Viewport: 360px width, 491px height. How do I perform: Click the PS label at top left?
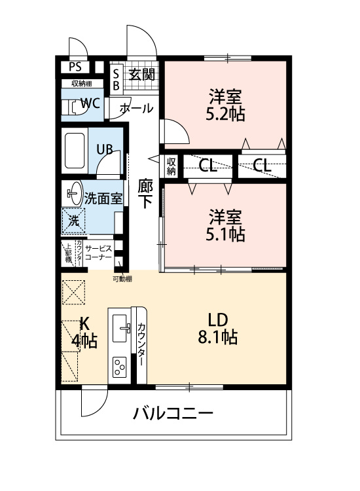(x=75, y=67)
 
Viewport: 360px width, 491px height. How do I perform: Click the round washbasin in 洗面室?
(x=74, y=193)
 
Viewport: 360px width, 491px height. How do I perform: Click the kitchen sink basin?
(x=122, y=325)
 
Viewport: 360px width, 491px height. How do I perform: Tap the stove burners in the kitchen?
(x=120, y=367)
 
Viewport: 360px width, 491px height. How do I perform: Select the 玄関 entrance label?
(x=141, y=73)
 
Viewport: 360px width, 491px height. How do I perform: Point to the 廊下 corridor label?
(x=145, y=194)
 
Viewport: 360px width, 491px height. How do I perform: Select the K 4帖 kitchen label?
(x=83, y=332)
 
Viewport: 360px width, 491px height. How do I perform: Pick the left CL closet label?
(x=208, y=166)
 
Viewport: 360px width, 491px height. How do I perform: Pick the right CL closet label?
(x=262, y=166)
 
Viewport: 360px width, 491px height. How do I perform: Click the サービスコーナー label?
(x=98, y=253)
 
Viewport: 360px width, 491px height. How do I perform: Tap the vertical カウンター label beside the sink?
(x=141, y=346)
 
